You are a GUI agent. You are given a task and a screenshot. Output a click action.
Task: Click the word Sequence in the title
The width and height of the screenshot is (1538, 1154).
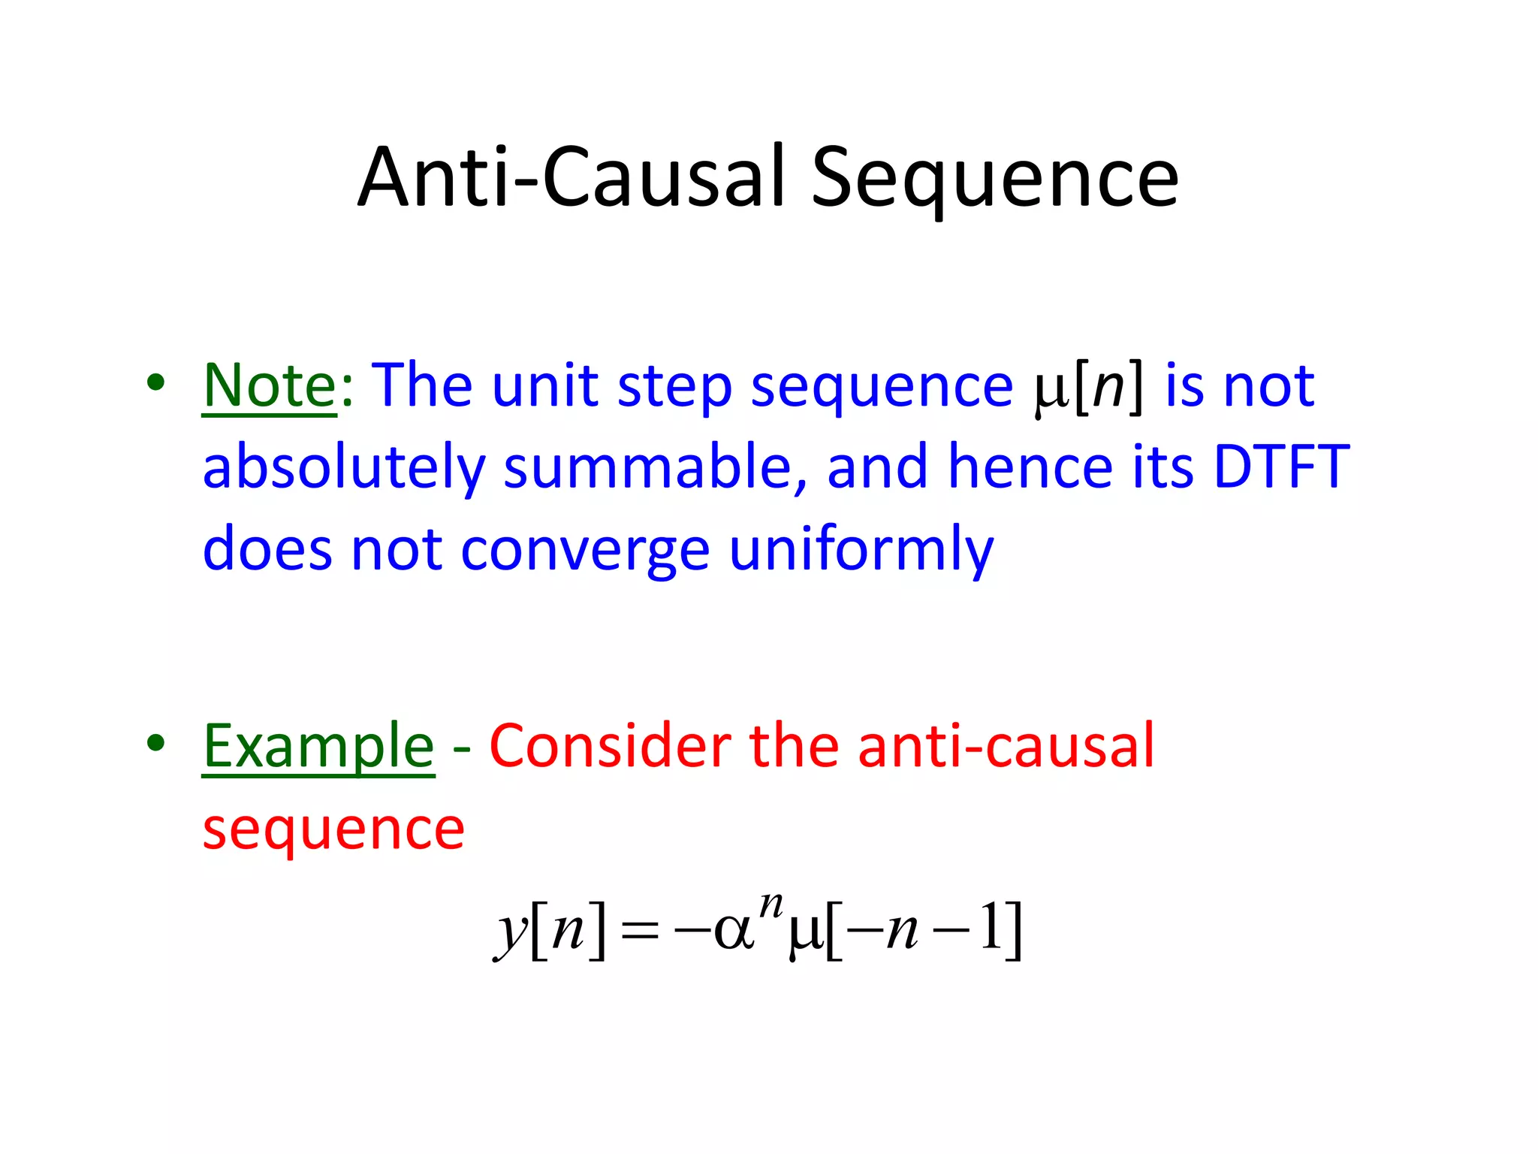pos(994,179)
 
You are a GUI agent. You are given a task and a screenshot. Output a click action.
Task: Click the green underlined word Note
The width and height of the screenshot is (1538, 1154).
pos(270,385)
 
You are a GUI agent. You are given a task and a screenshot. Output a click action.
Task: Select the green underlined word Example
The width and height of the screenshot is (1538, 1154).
pos(318,747)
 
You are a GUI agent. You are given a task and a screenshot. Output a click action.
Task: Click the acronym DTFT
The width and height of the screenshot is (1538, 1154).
pos(1281,467)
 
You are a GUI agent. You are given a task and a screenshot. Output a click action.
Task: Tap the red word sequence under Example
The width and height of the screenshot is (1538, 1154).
pos(333,830)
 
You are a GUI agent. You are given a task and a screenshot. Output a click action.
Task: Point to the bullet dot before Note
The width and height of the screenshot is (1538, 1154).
pos(155,382)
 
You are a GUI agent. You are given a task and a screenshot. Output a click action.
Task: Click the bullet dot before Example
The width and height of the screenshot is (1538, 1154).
pos(155,743)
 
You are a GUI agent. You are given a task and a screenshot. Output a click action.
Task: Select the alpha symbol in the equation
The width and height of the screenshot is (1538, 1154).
pos(732,932)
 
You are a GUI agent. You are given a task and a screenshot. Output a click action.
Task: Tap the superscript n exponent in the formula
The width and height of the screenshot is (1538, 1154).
pos(771,904)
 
